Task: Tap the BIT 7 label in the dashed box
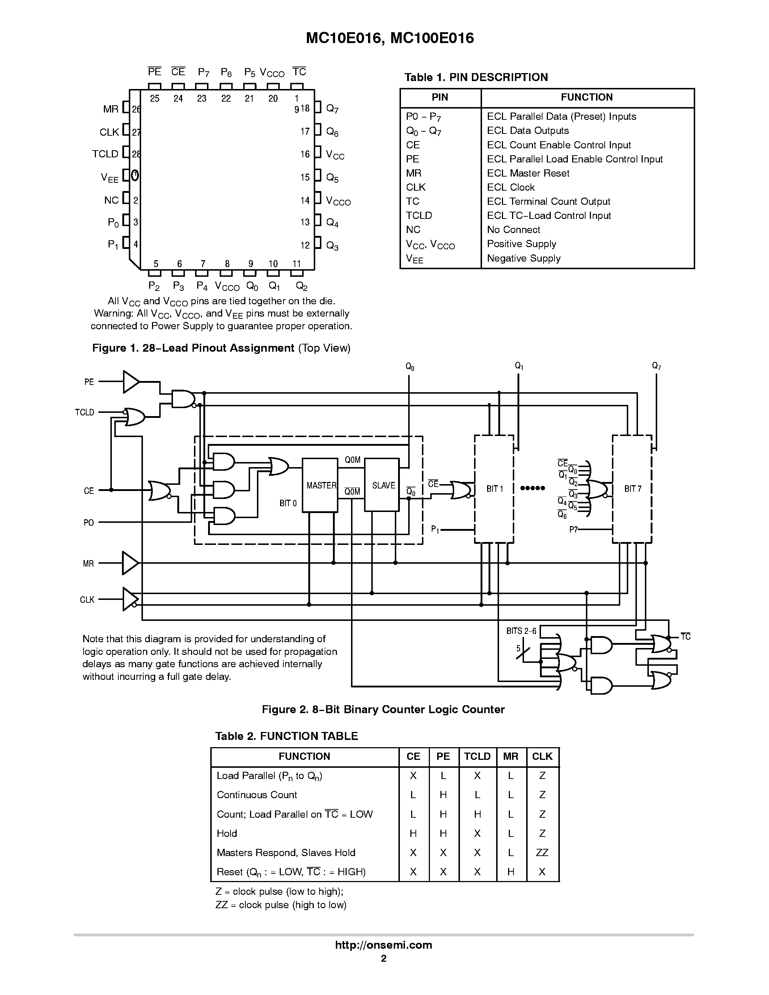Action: [632, 489]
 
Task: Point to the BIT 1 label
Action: [494, 489]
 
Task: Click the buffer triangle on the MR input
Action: [130, 563]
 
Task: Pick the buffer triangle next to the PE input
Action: [131, 382]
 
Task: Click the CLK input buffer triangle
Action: [130, 599]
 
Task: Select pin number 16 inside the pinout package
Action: [305, 154]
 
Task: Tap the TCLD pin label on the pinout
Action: [105, 154]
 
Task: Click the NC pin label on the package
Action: [111, 200]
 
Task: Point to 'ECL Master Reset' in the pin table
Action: [528, 173]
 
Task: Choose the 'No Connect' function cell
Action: [514, 230]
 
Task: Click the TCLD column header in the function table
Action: [477, 756]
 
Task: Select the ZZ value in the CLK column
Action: [542, 852]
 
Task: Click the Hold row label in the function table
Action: [227, 833]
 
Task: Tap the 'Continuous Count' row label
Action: [257, 795]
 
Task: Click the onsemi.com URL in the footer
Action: [383, 944]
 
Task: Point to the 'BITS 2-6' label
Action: [521, 631]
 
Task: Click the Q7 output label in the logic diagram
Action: [656, 366]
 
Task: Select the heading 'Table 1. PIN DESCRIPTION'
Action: [476, 77]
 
